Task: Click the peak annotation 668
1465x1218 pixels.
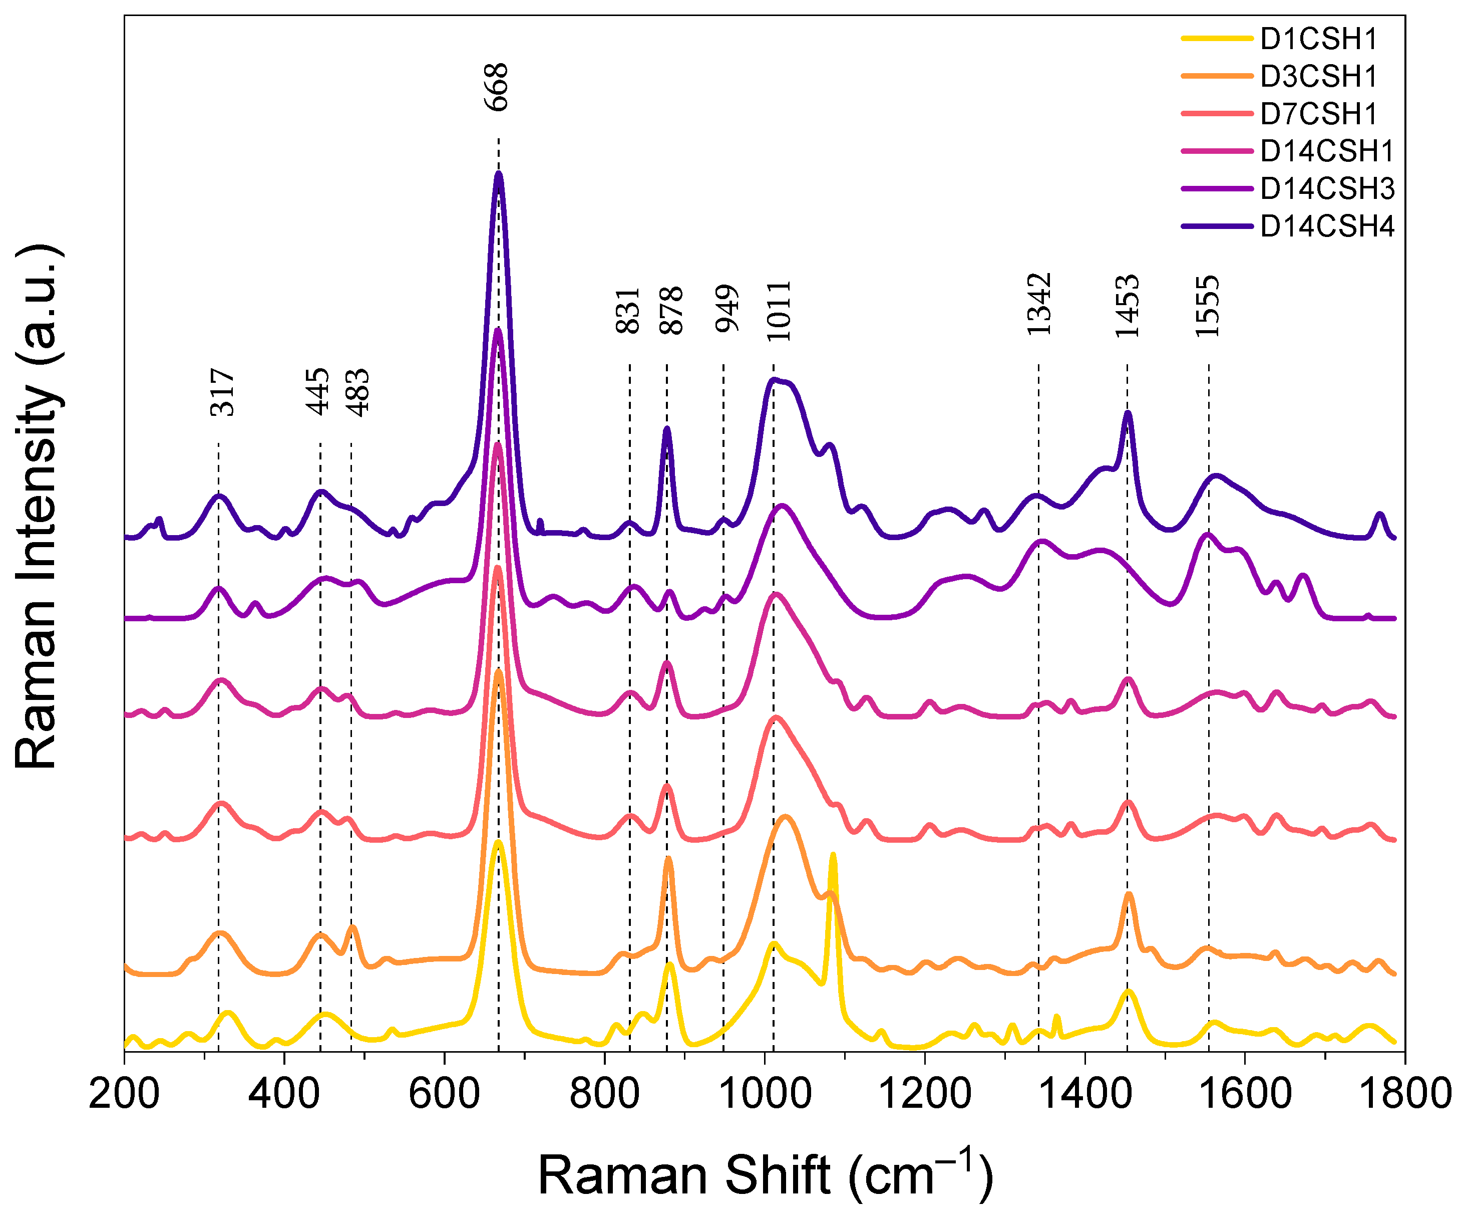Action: [x=497, y=87]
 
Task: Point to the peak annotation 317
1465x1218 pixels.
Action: [x=222, y=392]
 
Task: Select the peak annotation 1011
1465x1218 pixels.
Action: [x=779, y=311]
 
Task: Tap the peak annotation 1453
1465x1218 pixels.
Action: [x=1128, y=306]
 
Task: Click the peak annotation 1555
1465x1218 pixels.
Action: [x=1208, y=306]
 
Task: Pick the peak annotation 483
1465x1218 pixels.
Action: [x=358, y=392]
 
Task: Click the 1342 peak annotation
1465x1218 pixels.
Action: [x=1039, y=304]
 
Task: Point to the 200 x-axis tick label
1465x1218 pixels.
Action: [x=124, y=1094]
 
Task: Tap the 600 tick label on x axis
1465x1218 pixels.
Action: [x=445, y=1094]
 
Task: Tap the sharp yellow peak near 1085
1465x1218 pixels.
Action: [x=832, y=856]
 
